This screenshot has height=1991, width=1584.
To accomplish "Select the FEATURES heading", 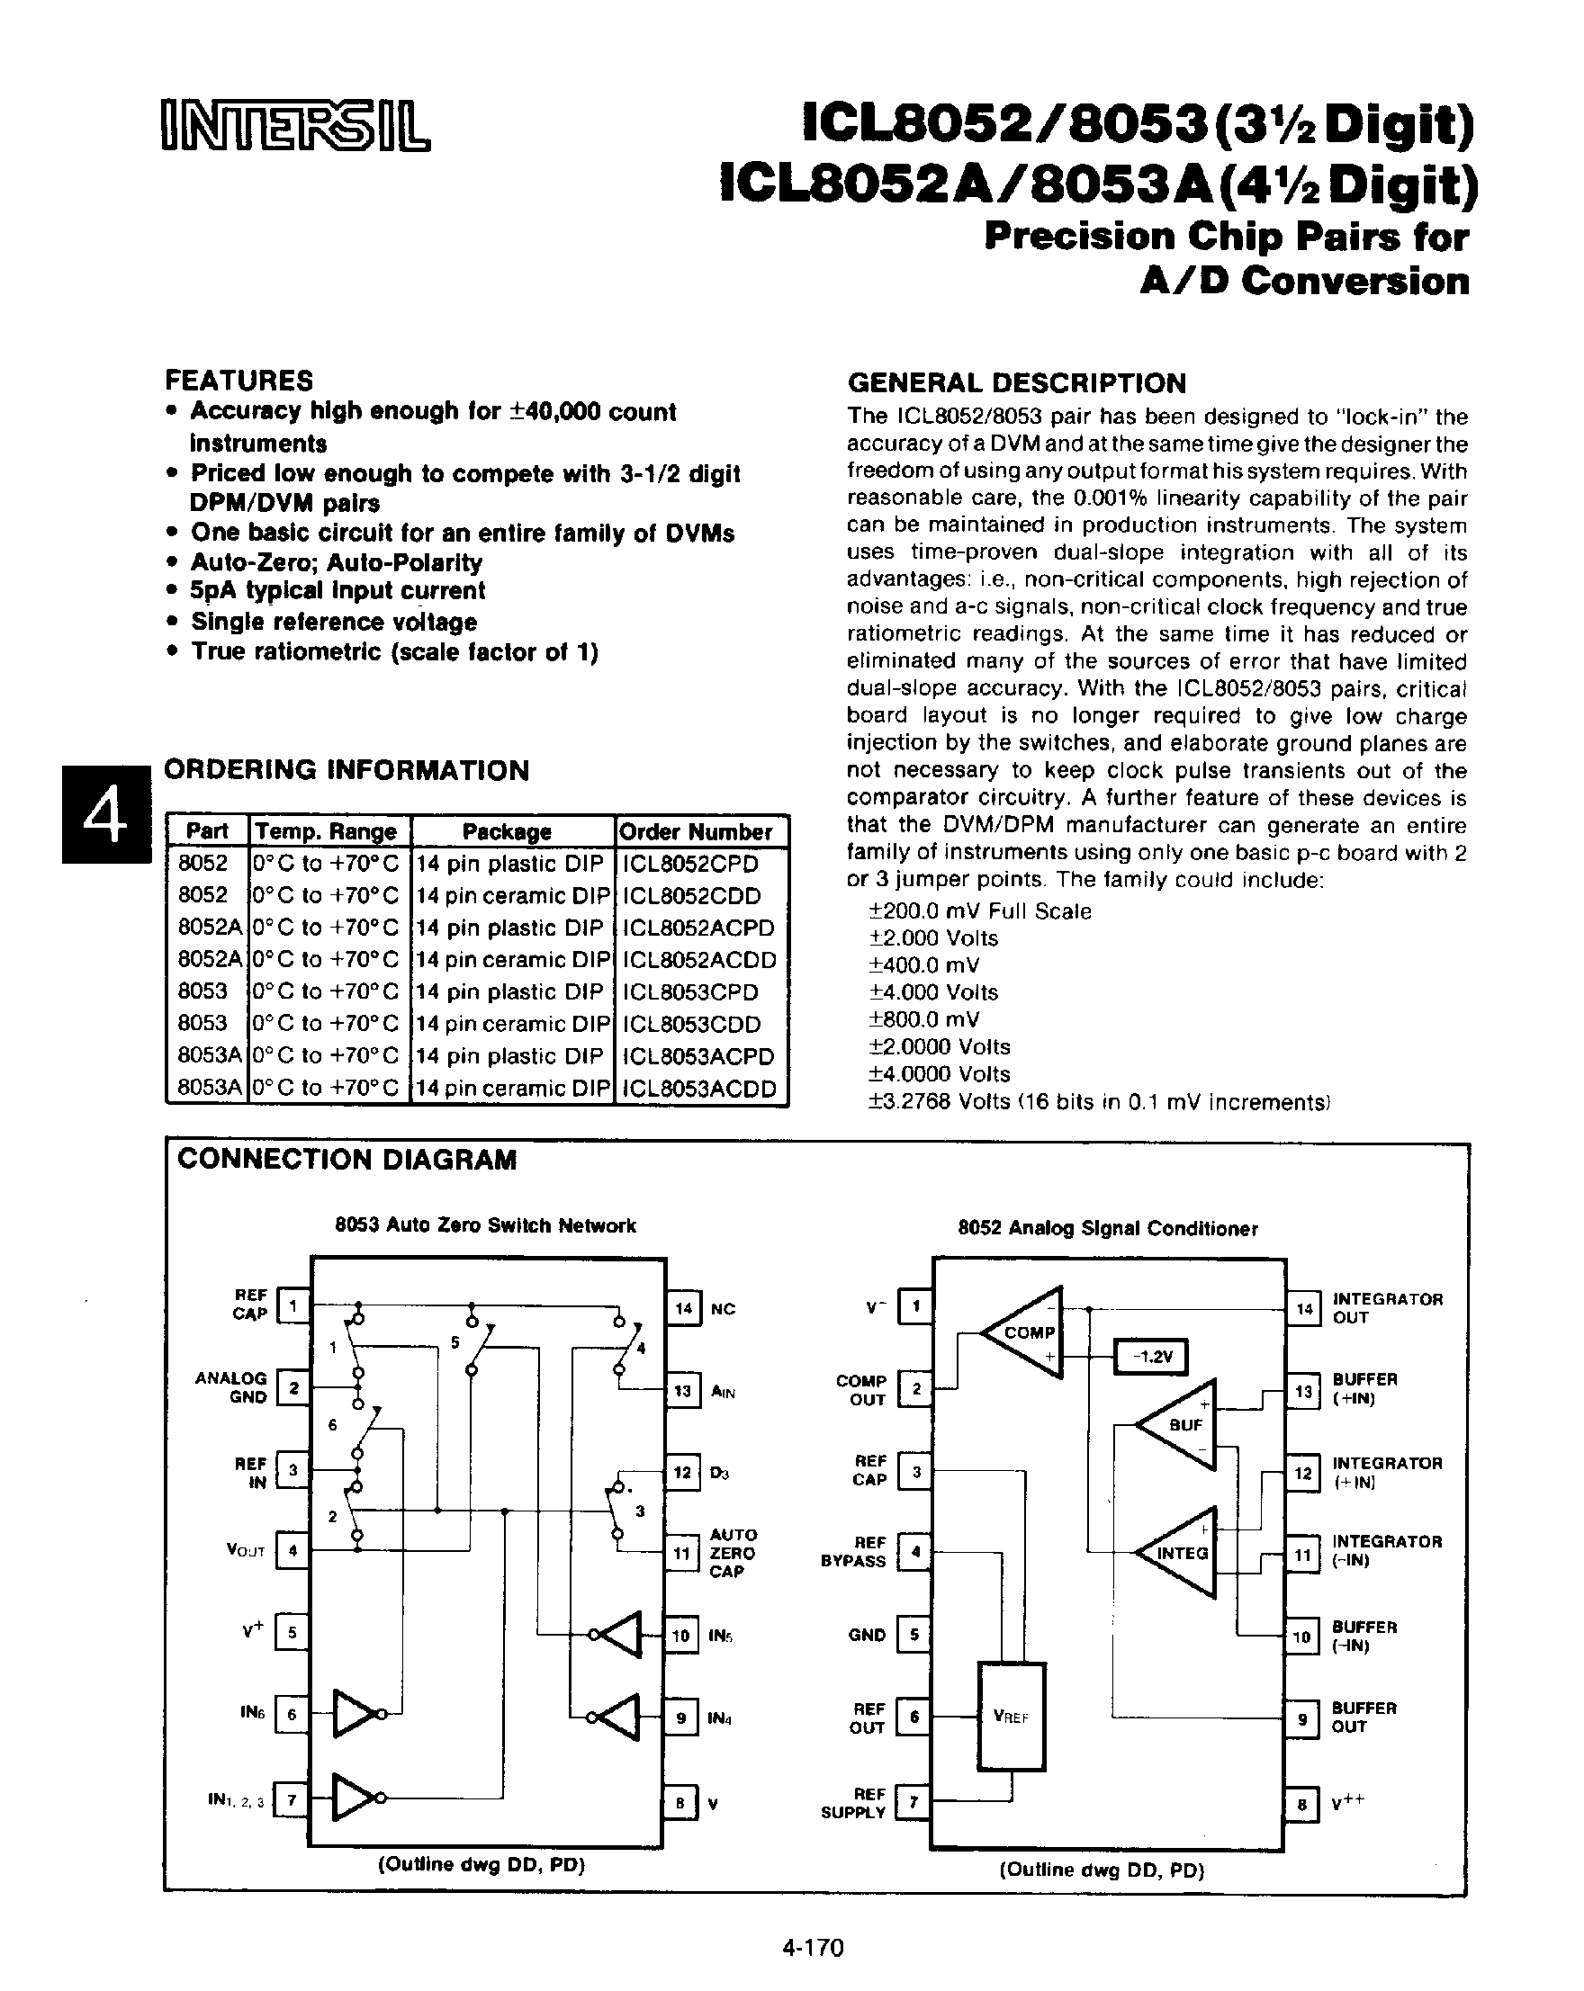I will pos(238,381).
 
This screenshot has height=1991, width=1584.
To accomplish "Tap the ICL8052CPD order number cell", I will pos(691,864).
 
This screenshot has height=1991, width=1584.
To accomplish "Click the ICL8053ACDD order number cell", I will pos(699,1088).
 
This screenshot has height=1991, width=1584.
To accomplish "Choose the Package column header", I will pos(507,831).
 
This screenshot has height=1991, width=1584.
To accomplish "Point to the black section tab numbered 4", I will pos(105,814).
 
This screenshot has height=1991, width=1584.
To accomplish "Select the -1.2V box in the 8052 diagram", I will pos(1151,1357).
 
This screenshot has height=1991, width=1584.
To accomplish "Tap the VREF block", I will pos(1012,1717).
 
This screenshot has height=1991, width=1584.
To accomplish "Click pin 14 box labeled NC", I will pos(683,1308).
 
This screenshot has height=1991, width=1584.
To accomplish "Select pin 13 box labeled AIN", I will pos(682,1391).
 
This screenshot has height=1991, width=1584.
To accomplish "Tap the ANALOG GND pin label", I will pos(232,1387).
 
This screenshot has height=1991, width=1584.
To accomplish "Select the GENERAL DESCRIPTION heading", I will pos(1016,383).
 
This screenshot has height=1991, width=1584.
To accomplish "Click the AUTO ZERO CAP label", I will pos(733,1552).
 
